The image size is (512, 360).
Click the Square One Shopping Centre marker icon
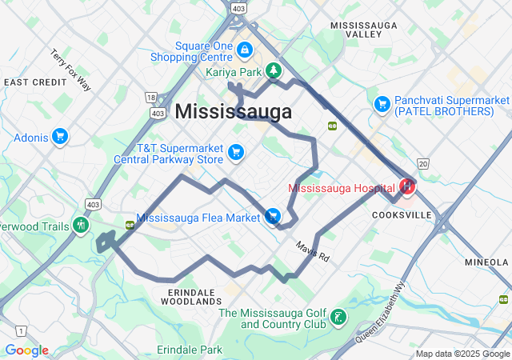tap(245, 50)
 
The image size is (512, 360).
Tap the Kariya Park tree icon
tap(274, 70)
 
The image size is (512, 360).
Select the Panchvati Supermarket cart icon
tap(382, 104)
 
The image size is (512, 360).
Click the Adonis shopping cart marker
tap(59, 137)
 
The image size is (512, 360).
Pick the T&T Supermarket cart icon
tap(236, 151)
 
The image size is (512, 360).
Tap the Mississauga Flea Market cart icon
tap(273, 217)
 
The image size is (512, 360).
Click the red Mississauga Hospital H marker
tap(407, 187)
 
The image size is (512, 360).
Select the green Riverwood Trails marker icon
tap(80, 225)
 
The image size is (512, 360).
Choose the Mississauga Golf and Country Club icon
tap(338, 318)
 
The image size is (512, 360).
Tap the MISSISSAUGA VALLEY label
tap(369, 30)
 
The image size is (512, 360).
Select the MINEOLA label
tap(488, 262)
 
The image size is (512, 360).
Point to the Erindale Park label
tap(189, 350)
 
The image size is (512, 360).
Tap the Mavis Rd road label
tap(312, 253)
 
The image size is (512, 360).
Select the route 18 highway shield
tap(150, 97)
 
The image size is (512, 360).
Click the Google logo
tap(26, 350)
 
